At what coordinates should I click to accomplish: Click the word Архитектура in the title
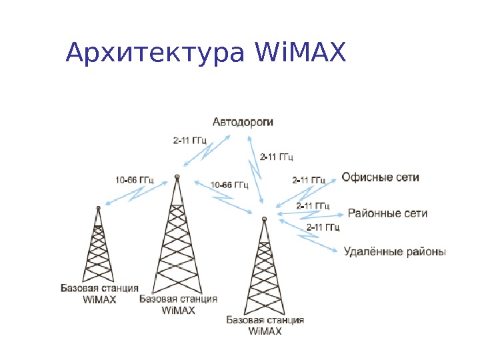point(157,54)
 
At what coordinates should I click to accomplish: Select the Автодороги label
point(243,122)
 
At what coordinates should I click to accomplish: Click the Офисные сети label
point(381,177)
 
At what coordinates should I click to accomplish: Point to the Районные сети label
point(387,213)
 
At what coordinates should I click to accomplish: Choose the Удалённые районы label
point(395,252)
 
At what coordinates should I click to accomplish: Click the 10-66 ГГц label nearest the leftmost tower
point(134,179)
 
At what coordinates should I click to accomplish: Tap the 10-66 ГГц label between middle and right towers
point(229,185)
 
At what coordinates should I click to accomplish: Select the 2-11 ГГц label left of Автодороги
point(190,141)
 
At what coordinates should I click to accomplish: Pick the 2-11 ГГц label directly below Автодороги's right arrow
point(277,157)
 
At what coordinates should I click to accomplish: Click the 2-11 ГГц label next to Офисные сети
point(309,180)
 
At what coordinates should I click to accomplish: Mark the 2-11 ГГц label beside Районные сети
point(313,205)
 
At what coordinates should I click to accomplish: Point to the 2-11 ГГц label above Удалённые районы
point(323,228)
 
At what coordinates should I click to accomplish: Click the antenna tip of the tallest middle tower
point(177,177)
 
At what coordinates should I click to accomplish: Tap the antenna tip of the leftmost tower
point(98,207)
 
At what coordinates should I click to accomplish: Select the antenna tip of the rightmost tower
point(264,218)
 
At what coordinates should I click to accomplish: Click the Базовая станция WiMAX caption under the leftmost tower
point(99,294)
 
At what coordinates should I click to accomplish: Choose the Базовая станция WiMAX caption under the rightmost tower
point(265,325)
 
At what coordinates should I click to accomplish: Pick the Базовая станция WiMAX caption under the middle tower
point(178,305)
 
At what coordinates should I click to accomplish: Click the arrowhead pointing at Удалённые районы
point(335,251)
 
